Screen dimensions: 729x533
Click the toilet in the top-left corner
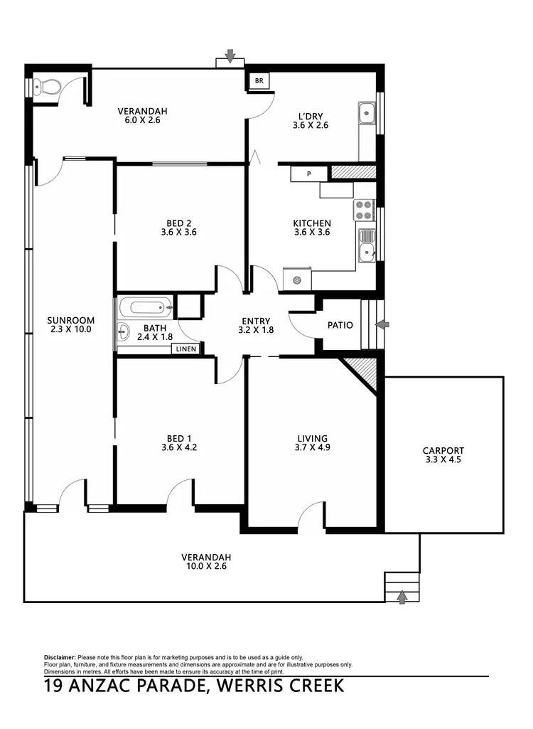[x=48, y=87]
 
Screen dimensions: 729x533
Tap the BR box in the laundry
[x=259, y=81]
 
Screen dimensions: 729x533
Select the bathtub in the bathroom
[x=146, y=308]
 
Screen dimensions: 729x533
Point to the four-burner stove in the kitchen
[x=364, y=210]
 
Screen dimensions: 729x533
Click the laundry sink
[x=367, y=113]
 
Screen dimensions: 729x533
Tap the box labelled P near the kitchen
[x=309, y=174]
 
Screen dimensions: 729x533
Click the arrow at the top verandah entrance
[x=230, y=55]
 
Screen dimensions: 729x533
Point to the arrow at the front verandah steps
[x=402, y=596]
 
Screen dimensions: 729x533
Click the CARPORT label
[x=443, y=450]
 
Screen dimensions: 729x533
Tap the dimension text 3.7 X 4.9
[x=312, y=448]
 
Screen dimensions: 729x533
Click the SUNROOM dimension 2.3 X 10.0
[x=71, y=329]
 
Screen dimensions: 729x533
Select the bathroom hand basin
[x=122, y=330]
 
